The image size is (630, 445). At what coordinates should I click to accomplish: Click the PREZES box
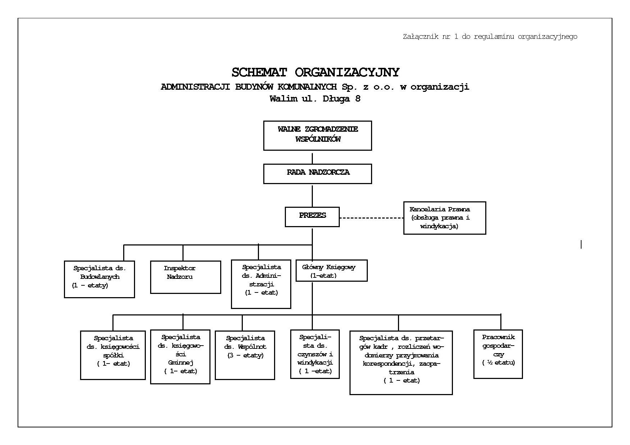tap(312, 217)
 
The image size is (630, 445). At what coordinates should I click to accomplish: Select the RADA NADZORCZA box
tap(318, 174)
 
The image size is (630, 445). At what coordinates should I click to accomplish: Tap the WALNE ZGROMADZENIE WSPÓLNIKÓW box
tap(318, 135)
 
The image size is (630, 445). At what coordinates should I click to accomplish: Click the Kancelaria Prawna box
tap(445, 218)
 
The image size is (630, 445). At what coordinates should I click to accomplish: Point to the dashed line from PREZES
tap(371, 218)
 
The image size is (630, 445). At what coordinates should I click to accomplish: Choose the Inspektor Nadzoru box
tap(185, 277)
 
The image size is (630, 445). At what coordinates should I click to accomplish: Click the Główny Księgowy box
tap(332, 271)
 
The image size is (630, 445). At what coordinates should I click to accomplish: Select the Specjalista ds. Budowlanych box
tap(99, 279)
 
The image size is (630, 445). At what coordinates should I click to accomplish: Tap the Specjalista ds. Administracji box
tap(261, 284)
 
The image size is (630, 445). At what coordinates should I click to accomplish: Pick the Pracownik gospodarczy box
tap(498, 354)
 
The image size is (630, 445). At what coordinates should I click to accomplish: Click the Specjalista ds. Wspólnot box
tap(245, 355)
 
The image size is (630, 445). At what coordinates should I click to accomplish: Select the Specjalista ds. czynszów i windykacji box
tap(315, 354)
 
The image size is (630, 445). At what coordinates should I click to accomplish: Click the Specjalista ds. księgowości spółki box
tap(113, 355)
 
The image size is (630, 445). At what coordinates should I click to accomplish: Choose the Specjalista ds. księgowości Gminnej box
tap(180, 357)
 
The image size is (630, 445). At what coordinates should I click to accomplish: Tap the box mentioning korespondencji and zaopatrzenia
tap(401, 363)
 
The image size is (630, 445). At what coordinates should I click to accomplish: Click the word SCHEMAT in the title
tap(259, 72)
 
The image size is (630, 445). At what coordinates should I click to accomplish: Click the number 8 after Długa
tap(358, 99)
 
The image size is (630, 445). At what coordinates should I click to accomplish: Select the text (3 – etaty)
tap(246, 355)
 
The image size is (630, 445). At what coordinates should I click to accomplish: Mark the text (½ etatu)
tap(499, 362)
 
